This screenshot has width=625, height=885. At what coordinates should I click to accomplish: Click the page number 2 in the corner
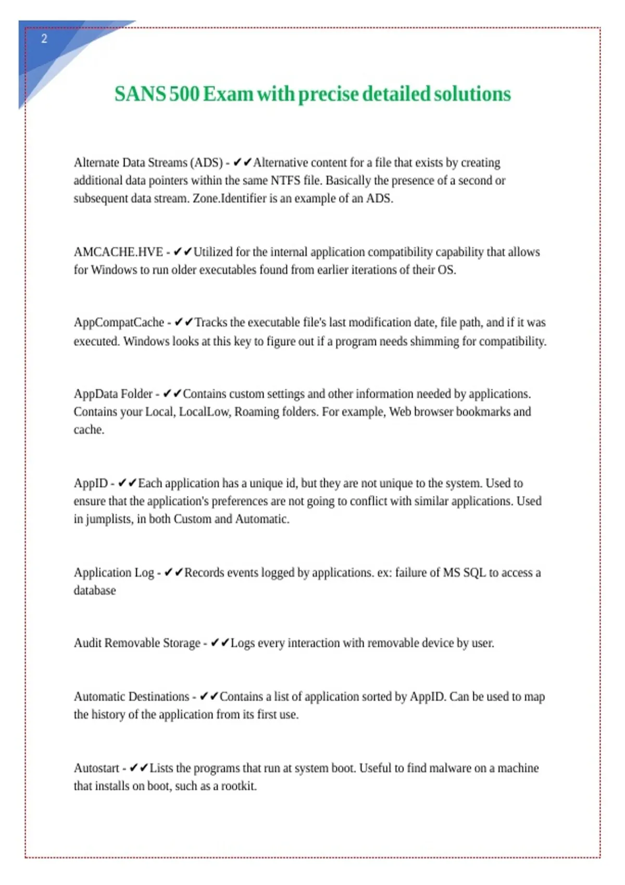tap(44, 39)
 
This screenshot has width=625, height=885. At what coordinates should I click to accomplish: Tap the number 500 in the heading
tap(184, 94)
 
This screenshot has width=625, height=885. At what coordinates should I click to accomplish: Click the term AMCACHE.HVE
tap(118, 252)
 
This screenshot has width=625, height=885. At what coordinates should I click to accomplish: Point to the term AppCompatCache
tap(119, 323)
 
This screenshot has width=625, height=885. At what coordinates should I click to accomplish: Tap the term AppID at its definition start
tap(91, 484)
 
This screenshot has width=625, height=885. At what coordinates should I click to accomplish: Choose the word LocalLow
tap(204, 412)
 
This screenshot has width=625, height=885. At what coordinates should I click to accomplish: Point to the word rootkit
tap(239, 786)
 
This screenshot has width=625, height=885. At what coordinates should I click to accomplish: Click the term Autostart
tap(96, 768)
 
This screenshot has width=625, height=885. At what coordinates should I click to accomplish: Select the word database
tap(95, 591)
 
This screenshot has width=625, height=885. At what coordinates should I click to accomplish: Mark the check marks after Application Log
tap(173, 573)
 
